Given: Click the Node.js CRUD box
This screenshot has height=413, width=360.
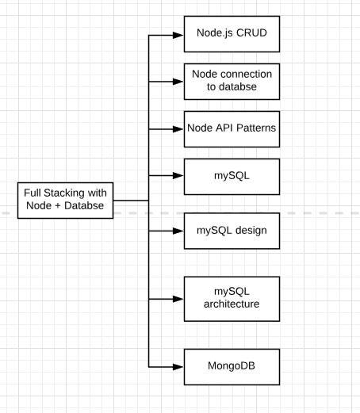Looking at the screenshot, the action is [232, 34].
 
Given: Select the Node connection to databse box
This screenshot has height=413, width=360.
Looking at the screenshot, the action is [232, 82].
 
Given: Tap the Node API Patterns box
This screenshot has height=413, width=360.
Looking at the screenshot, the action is [232, 129].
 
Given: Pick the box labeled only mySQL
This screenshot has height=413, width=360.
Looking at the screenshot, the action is [232, 177].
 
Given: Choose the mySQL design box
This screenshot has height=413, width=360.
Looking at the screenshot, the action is [232, 231].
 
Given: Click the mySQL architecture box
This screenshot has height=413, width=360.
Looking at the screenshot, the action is [232, 299].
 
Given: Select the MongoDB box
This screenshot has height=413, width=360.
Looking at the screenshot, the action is [232, 367].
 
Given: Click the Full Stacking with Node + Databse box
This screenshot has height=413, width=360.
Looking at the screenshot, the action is [65, 201].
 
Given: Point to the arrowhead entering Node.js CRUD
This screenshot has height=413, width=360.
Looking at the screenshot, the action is [178, 35].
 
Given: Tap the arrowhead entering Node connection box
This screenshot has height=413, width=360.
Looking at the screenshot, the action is [178, 82].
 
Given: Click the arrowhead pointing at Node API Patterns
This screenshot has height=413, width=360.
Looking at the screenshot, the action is [178, 129].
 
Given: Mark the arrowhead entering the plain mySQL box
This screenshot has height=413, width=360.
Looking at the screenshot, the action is [178, 175].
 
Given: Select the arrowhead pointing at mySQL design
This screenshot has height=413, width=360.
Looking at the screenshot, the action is [178, 231].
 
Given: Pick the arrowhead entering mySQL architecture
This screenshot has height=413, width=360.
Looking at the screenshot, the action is [178, 299].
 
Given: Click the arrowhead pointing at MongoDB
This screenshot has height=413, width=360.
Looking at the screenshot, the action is [178, 367].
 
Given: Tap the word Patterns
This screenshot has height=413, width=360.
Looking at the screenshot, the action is [256, 128].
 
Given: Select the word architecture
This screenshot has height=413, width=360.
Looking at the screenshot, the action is [232, 304].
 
